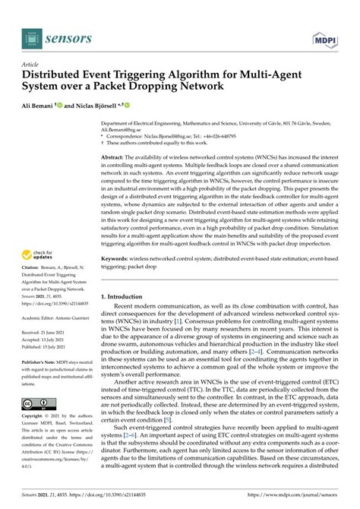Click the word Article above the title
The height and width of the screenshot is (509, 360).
click(x=32, y=65)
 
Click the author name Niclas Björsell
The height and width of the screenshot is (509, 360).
click(x=97, y=106)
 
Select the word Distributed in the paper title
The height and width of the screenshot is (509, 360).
click(x=57, y=77)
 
